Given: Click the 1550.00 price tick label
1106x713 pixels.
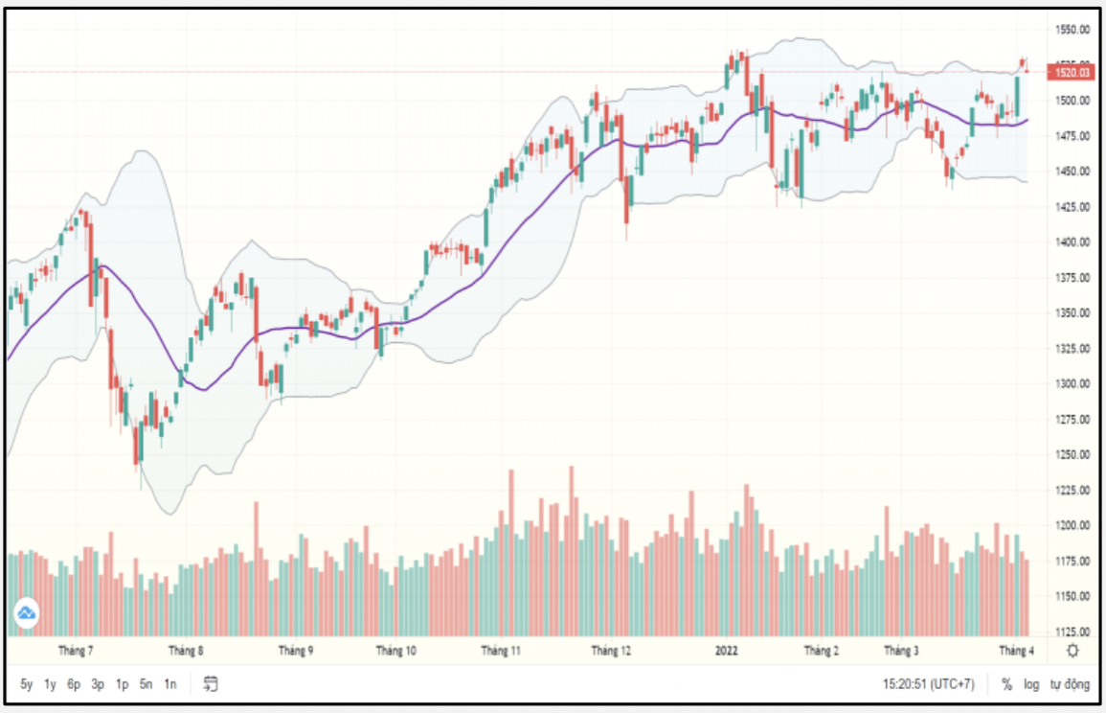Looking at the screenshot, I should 1071,30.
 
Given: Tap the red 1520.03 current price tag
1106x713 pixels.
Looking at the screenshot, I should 1071,72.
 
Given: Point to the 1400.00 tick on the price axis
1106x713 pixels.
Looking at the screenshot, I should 1071,242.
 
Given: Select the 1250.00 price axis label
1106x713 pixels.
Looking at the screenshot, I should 1071,455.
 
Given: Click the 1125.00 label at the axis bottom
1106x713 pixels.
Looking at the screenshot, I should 1071,632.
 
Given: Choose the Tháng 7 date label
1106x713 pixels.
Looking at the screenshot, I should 76,651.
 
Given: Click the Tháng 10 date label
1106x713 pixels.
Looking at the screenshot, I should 395,651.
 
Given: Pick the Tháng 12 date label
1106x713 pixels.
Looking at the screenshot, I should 611,651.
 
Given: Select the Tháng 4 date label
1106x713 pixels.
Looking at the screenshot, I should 1017,651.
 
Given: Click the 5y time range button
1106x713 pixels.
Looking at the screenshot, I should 27,684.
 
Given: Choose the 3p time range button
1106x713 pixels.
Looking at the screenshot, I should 98,684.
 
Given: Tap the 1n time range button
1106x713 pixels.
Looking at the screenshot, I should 169,684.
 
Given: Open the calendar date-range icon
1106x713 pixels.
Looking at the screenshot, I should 211,684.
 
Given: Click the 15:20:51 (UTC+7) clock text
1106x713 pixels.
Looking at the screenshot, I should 928,684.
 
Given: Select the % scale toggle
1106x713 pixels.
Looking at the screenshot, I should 1006,684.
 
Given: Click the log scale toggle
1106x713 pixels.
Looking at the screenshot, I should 1031,684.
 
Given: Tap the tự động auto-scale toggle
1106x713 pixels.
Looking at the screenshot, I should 1069,684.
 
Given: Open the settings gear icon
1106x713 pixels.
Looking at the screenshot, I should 1072,651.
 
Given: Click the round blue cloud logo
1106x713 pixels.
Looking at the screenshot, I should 26,612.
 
